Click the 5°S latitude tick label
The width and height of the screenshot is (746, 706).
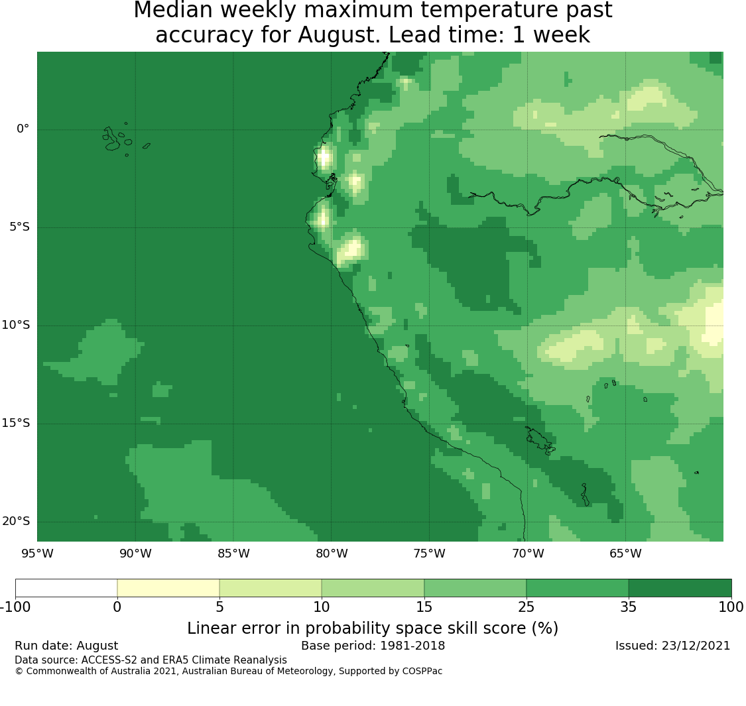coord(19,227)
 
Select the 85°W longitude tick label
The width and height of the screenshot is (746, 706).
coord(233,554)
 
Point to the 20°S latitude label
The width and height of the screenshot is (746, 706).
coord(16,522)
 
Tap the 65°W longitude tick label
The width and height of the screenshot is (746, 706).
coord(625,554)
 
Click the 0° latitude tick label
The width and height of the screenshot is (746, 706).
coord(23,129)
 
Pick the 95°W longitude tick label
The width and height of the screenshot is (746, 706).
coord(37,554)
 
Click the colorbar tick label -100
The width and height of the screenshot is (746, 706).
coord(15,607)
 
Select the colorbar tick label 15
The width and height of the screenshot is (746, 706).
coord(424,607)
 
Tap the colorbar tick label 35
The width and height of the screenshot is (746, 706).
coord(629,607)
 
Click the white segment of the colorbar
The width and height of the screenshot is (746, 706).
coord(66,588)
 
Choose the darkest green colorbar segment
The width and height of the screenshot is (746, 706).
coord(680,588)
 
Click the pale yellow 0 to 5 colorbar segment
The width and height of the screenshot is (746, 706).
coord(168,588)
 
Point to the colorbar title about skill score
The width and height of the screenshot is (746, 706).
coord(373,628)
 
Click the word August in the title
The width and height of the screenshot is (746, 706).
coord(339,35)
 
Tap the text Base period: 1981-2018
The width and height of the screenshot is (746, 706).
coord(373,646)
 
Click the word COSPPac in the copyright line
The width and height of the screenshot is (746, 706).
coord(422,672)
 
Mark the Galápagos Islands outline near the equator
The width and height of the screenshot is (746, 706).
coord(117,139)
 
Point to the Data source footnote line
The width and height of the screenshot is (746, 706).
coord(151,660)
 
